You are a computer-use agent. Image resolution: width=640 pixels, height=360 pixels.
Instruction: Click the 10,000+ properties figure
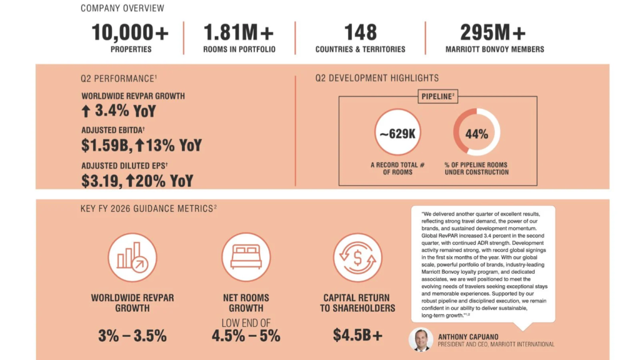pos(130,32)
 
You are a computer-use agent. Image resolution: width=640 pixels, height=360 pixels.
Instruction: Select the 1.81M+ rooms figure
pos(239,32)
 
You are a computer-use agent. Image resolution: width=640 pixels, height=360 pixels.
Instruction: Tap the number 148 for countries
pos(361,32)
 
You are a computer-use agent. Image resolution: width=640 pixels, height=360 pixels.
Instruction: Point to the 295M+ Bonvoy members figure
pos(493,32)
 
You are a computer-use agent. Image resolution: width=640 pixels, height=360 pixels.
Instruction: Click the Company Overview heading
pos(122,8)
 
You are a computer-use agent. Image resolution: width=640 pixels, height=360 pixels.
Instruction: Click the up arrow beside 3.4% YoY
pos(86,111)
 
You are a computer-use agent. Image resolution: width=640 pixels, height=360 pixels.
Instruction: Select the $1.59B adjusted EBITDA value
pos(105,145)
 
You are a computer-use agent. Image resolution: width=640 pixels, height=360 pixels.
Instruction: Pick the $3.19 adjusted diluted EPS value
pos(101,181)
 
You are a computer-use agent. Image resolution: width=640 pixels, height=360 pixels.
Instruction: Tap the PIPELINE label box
pos(437,96)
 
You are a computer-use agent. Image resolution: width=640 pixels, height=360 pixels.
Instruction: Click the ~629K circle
pos(397,132)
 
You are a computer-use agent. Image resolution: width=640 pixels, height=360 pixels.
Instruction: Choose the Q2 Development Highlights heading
pos(377,78)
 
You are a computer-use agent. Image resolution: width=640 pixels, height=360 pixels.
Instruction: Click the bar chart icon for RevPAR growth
pos(132,257)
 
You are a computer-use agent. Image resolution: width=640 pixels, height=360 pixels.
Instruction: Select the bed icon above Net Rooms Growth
pos(246,257)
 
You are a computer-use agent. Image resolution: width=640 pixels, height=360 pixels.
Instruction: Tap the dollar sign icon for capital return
pos(357,257)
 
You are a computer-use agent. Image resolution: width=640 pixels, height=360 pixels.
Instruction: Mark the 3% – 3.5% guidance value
pos(132,336)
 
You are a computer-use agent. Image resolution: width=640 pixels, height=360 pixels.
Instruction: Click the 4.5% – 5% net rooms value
pos(246,336)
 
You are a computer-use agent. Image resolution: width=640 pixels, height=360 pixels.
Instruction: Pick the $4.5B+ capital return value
pos(357,335)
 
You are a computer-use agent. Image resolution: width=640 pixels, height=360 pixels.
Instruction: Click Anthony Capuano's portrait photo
pos(421,339)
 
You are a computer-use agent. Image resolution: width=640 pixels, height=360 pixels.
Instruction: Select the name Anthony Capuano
pos(468,337)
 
